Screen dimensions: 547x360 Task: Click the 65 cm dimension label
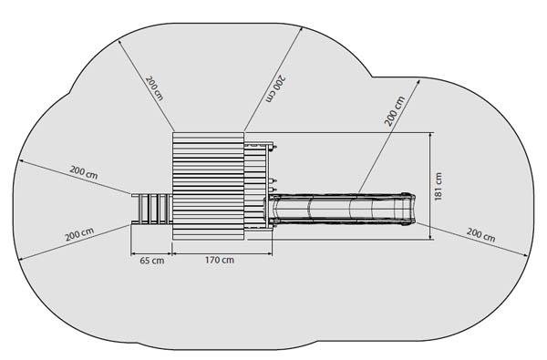(152, 261)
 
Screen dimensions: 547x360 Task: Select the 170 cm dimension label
(220, 260)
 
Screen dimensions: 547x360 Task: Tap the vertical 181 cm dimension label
(439, 186)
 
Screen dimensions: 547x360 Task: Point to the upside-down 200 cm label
(276, 88)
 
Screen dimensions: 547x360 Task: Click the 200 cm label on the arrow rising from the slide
(395, 110)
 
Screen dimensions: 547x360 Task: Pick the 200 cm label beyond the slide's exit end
(481, 234)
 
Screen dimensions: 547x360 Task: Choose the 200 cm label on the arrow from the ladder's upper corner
(84, 172)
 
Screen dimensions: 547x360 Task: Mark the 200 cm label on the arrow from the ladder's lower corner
(80, 234)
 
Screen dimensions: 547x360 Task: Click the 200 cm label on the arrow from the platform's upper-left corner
(154, 88)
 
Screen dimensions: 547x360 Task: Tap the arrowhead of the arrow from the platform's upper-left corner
(120, 42)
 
